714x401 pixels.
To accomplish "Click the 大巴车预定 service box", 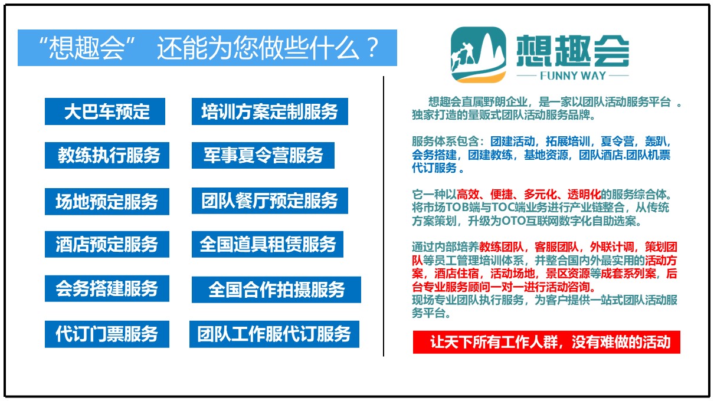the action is [x=105, y=111].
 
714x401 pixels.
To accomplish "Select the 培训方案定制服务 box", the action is [x=270, y=111].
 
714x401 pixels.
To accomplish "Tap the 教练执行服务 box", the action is [x=107, y=156].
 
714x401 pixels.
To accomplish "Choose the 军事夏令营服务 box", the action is [x=263, y=156].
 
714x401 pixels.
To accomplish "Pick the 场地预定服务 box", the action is [x=107, y=201].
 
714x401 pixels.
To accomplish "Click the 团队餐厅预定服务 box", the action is [x=270, y=200].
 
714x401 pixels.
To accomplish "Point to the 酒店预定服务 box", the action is [x=107, y=244].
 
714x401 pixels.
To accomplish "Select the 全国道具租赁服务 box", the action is [x=267, y=244].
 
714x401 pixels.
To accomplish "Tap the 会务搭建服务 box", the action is [x=107, y=288].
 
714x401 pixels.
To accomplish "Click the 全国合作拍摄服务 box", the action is [x=276, y=290].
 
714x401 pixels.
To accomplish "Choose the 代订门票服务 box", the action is [x=107, y=334].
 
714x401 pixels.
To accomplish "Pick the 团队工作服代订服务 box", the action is [x=274, y=334].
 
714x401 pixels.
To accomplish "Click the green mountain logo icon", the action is [x=479, y=55].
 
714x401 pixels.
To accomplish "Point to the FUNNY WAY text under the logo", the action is [x=573, y=76].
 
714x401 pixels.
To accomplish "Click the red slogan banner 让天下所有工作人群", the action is [x=546, y=342].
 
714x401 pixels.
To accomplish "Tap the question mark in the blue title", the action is [x=372, y=48].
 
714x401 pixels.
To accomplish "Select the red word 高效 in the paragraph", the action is [x=467, y=194].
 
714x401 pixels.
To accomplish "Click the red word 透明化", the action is [x=584, y=194].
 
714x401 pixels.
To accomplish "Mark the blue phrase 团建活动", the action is [x=512, y=141].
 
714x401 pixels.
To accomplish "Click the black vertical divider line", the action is [x=384, y=216].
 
